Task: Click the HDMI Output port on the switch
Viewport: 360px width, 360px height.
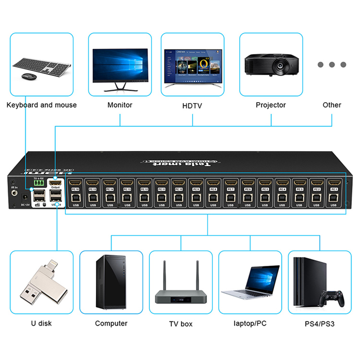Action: point(55,183)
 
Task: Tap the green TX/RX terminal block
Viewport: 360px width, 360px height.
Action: point(39,184)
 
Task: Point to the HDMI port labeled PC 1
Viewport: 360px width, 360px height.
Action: point(333,183)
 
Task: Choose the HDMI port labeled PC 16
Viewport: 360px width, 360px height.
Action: point(75,183)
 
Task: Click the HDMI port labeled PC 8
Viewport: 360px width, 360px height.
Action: point(213,183)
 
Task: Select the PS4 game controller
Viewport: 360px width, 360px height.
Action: point(332,297)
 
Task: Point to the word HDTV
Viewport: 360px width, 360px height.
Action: point(192,106)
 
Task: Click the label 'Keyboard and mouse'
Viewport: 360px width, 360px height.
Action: point(41,105)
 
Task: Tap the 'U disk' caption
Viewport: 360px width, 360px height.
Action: point(41,323)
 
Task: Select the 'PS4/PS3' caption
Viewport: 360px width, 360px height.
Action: point(319,323)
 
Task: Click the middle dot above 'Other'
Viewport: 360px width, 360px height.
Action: point(332,64)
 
